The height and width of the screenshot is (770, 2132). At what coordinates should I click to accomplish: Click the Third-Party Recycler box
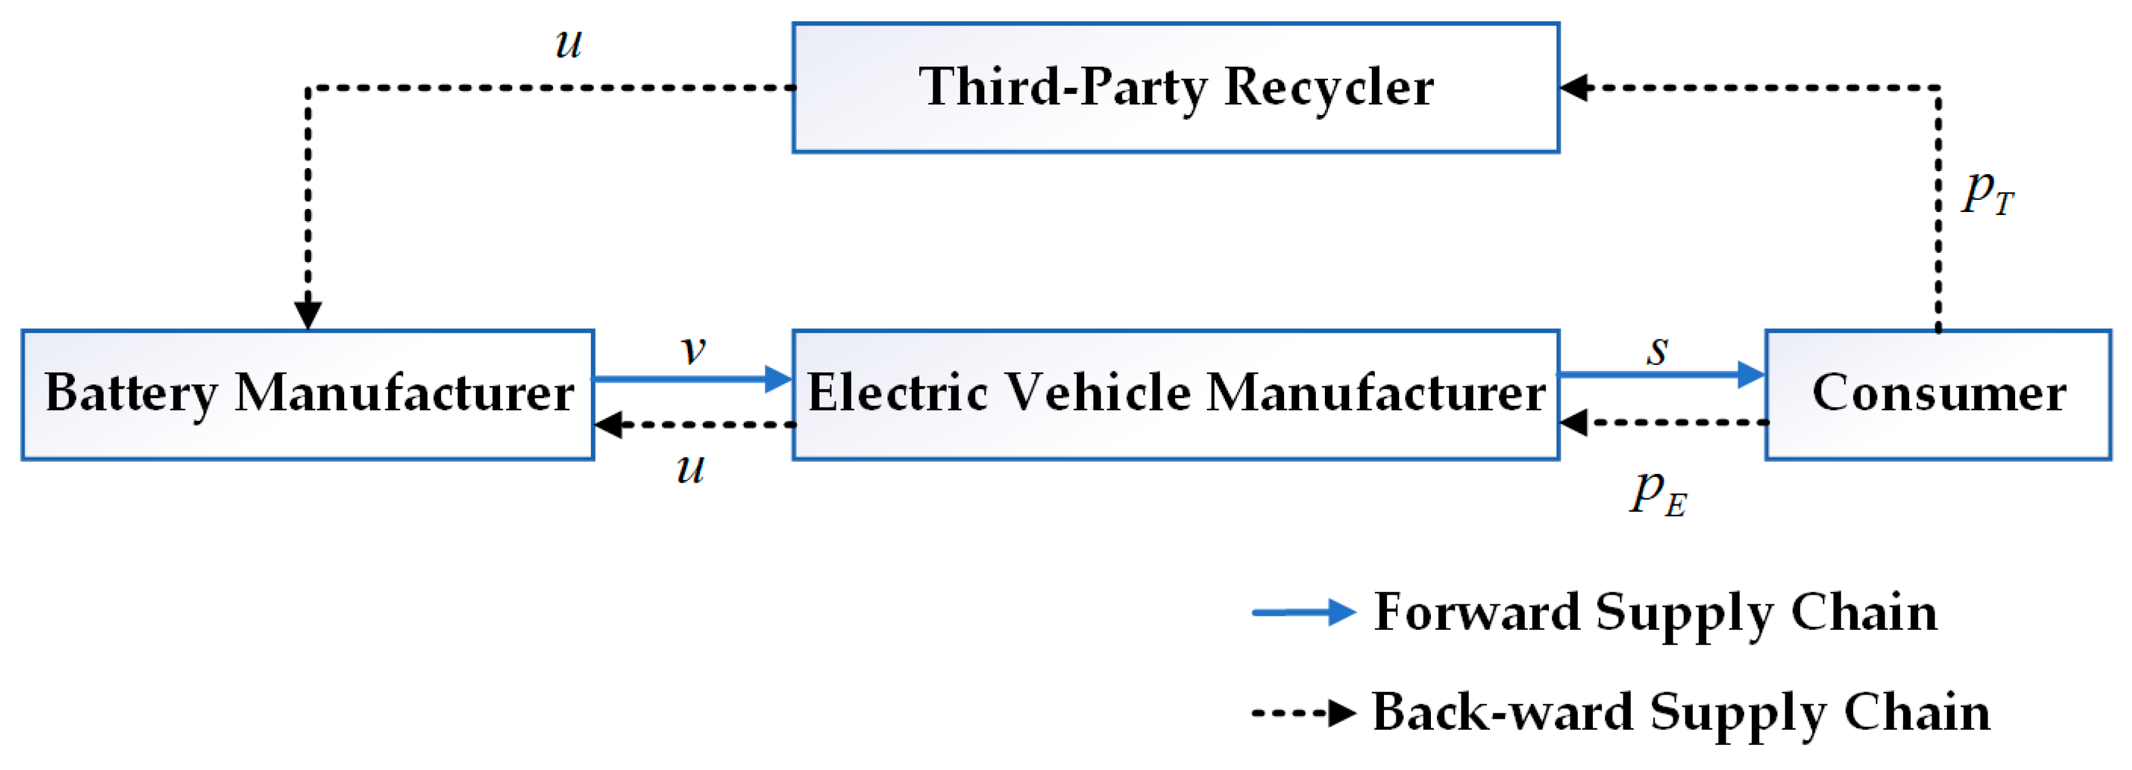1175,88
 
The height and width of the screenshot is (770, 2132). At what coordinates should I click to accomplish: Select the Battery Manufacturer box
308,394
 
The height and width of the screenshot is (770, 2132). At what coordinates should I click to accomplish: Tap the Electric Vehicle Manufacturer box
1175,394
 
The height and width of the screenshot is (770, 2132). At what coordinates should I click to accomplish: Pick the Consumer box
1938,394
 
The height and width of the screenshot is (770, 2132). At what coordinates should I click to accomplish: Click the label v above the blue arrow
694,350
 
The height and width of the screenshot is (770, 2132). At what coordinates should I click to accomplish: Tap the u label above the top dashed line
568,43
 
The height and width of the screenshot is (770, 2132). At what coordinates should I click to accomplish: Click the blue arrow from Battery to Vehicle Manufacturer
692,379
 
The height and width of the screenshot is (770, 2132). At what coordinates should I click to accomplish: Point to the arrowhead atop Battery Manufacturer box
308,314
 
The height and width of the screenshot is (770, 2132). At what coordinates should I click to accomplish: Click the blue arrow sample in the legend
1303,613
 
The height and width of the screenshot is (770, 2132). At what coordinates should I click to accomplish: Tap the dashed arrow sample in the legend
1303,712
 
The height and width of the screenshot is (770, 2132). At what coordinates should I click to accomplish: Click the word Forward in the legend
1477,613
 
